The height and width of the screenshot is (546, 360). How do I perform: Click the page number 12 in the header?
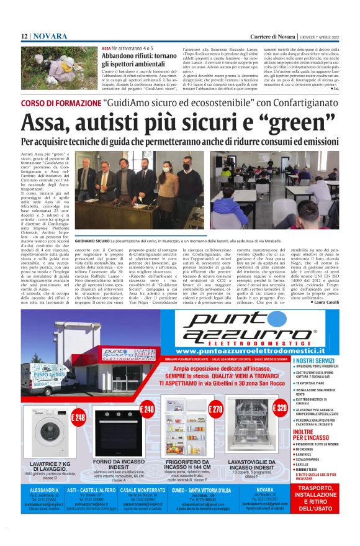(24, 36)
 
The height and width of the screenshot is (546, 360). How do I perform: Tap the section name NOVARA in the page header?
(50, 36)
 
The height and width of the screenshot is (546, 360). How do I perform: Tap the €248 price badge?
(79, 417)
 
